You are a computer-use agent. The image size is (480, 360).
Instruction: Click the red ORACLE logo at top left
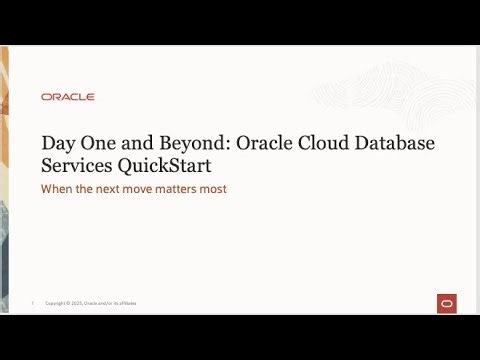68,97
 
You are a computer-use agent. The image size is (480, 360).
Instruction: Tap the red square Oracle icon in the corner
446,303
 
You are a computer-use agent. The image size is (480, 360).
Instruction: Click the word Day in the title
57,143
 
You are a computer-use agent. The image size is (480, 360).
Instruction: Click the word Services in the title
77,166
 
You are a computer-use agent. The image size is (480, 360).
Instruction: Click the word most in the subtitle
216,189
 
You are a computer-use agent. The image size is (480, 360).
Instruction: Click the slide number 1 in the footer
32,303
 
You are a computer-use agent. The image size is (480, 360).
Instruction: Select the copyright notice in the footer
91,303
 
